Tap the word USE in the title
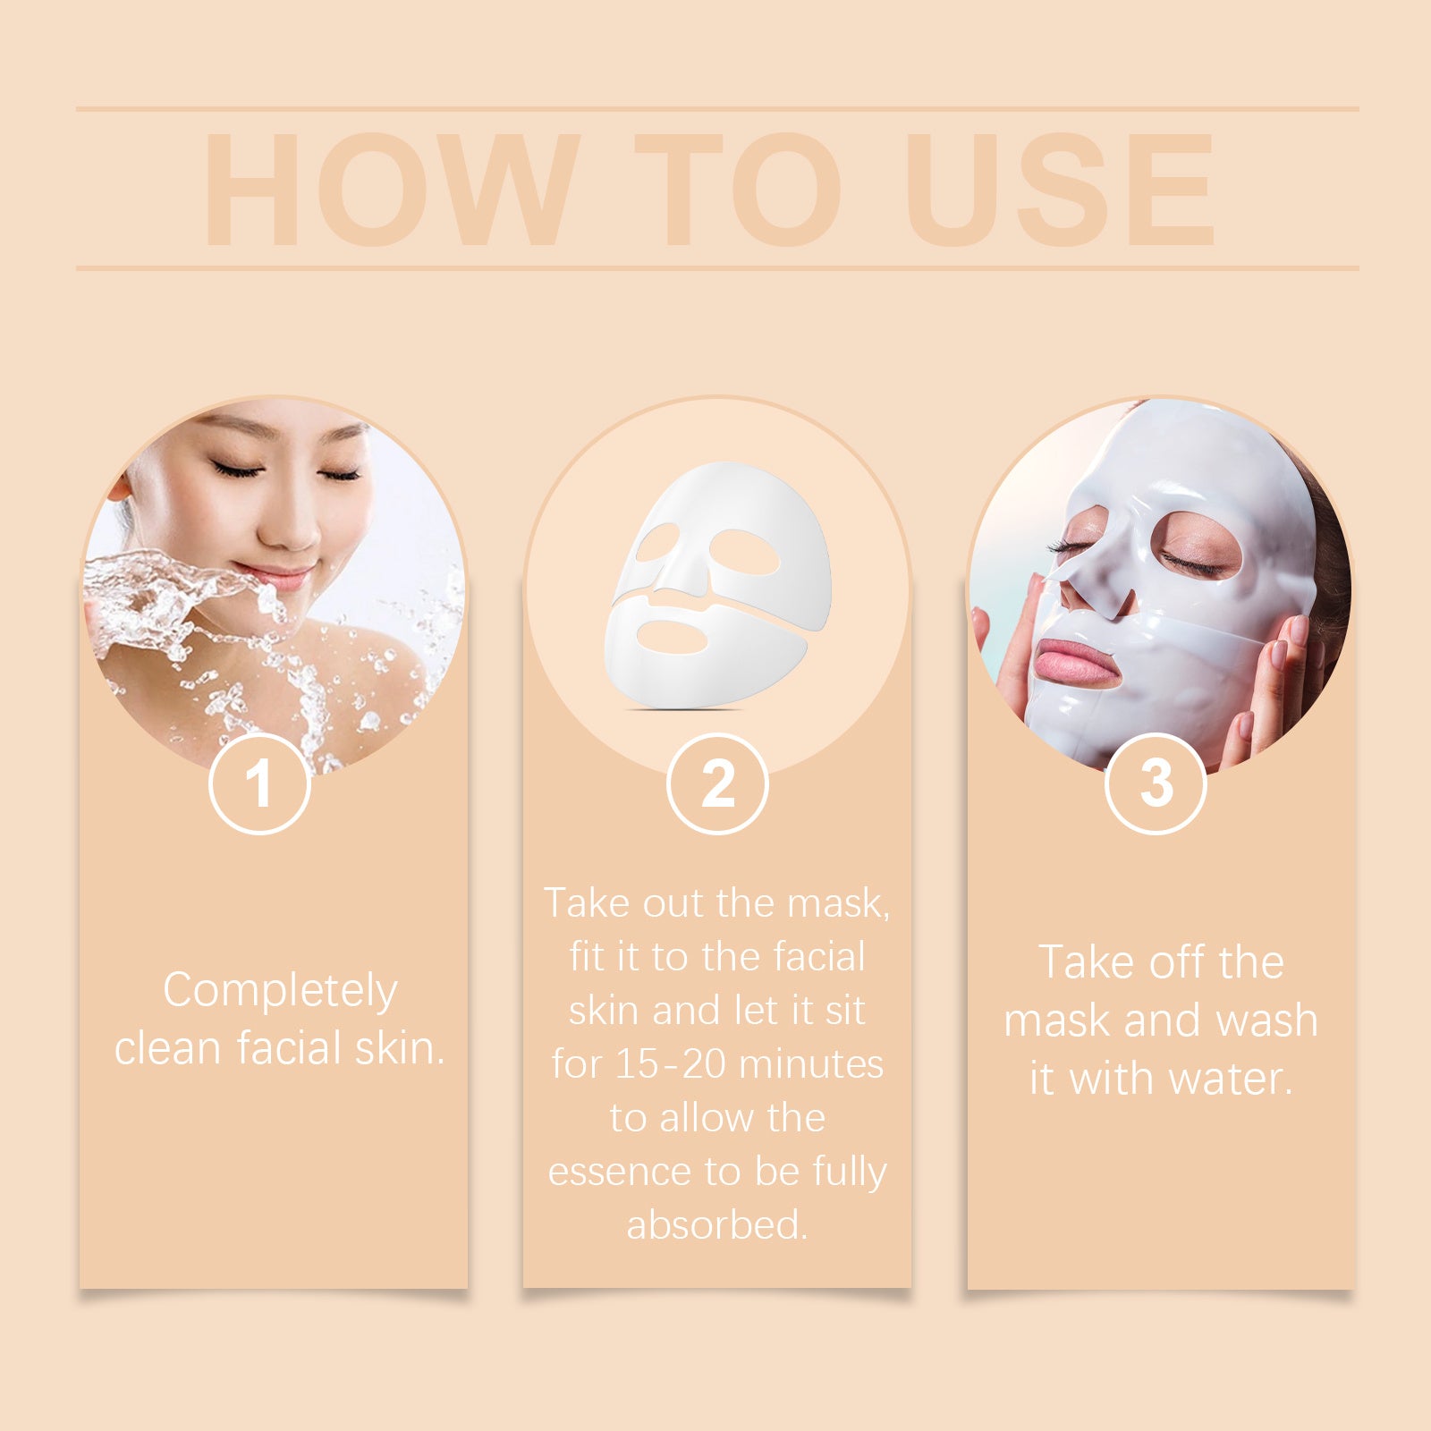point(1061,189)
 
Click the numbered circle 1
point(259,783)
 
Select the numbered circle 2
point(717,783)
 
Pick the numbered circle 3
point(1156,783)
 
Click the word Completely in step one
point(280,991)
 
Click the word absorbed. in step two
point(717,1224)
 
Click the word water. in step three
point(1232,1079)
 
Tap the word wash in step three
point(1268,1020)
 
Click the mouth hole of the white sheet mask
point(673,637)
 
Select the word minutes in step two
point(811,1064)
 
